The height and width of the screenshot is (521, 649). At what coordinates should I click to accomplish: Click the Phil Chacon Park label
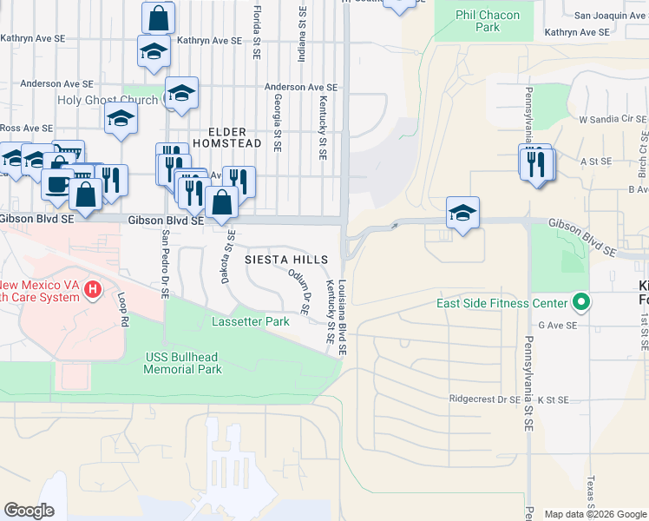point(488,21)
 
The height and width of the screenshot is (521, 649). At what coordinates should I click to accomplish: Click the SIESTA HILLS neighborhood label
point(286,260)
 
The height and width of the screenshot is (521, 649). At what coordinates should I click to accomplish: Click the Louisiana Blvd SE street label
point(343,317)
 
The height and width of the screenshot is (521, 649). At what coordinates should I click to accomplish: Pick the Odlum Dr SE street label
point(300,292)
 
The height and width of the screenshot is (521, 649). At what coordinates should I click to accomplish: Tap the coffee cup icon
point(58,186)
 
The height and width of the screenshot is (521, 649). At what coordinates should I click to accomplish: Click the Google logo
point(29,511)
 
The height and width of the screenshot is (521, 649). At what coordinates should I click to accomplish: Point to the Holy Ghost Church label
point(108,100)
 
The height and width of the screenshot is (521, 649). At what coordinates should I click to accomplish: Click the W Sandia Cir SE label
point(613,118)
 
